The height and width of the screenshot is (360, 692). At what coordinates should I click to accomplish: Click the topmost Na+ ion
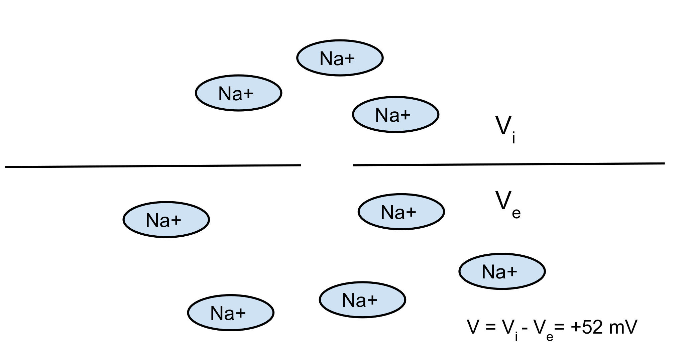pos(340,58)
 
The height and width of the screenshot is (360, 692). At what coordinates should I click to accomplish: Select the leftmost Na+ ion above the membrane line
pos(238,93)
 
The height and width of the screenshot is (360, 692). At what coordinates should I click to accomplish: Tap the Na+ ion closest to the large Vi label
pos(395,115)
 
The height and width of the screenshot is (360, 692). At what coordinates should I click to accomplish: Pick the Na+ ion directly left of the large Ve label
pos(401,212)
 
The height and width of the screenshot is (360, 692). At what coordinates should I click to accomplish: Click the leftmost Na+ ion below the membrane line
pos(166,220)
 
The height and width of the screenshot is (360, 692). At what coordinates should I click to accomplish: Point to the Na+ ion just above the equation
pos(502,271)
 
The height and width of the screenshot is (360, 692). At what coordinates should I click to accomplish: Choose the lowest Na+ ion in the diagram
pos(230,313)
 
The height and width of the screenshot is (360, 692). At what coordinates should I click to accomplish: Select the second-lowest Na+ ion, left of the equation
pos(362,299)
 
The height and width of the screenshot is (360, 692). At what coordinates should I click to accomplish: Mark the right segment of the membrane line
pos(508,164)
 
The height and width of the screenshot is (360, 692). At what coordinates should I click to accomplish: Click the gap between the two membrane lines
pos(327,165)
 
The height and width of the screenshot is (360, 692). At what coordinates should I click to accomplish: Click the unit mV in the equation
pos(623,327)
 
